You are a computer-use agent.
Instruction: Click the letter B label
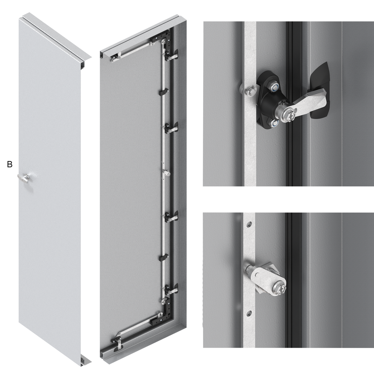9,164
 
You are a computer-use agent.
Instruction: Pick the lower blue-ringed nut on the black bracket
275,123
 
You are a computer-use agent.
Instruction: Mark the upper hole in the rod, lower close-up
249,224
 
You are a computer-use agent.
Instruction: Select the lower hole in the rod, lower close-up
249,313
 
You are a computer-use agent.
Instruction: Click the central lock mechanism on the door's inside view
167,173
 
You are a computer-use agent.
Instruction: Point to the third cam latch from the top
172,216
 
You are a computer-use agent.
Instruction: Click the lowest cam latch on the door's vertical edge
172,289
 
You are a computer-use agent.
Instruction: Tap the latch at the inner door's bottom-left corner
117,343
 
